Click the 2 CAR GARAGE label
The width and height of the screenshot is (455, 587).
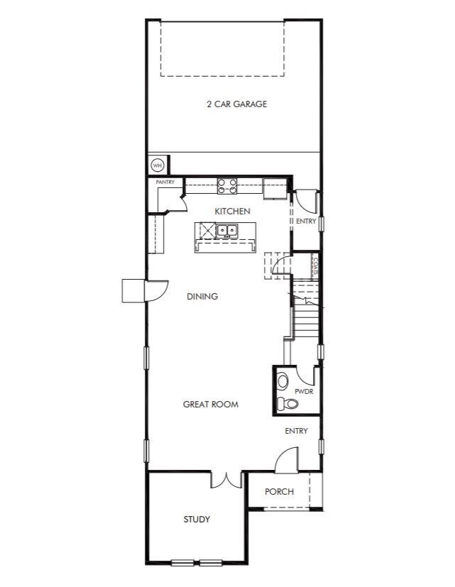[236, 104]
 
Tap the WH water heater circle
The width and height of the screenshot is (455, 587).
[158, 165]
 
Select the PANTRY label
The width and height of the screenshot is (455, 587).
[165, 182]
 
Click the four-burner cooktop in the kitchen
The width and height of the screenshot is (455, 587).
[227, 186]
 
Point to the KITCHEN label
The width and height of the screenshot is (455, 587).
[232, 211]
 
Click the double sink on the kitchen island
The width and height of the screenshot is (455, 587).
[227, 231]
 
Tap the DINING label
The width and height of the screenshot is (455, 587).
[202, 297]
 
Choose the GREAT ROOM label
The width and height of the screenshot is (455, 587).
[210, 405]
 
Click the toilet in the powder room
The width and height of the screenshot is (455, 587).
[287, 403]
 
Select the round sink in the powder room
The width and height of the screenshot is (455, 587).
[283, 381]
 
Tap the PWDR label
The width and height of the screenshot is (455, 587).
[304, 392]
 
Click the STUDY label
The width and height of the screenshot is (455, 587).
[197, 520]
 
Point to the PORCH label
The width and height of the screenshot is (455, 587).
[279, 492]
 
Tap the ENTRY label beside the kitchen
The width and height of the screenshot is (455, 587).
[306, 221]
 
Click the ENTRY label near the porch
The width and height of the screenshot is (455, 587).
[296, 431]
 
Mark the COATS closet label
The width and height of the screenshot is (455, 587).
[316, 266]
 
